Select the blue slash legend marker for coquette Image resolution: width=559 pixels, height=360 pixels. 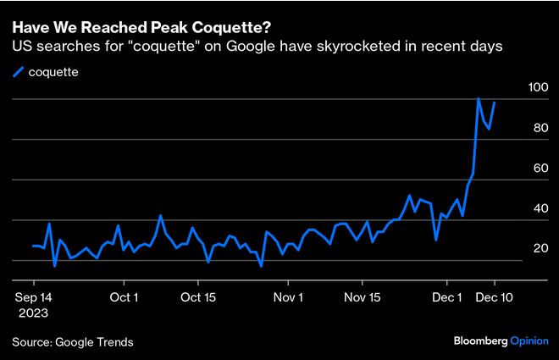19,72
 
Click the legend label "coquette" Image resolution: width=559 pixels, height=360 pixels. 53,72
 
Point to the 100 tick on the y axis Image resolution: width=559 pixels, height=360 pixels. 538,87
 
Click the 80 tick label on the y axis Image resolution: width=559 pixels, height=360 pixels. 538,128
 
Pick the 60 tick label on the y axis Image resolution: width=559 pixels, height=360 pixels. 538,168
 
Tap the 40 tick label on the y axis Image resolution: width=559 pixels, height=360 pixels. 538,208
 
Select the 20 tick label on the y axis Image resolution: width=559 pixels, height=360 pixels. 538,247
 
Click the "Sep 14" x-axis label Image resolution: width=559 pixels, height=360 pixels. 33,297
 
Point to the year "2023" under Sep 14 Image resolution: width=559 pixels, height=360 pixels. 33,313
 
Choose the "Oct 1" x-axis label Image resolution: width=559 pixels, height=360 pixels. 124,297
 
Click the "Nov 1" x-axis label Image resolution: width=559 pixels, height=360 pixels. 289,297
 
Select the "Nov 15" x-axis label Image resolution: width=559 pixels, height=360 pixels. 364,297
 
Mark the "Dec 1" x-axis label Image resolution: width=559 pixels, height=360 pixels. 446,297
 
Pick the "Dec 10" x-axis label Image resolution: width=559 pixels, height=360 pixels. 494,297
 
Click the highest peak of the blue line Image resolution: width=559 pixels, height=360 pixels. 479,99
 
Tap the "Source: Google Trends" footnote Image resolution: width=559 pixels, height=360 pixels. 73,341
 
